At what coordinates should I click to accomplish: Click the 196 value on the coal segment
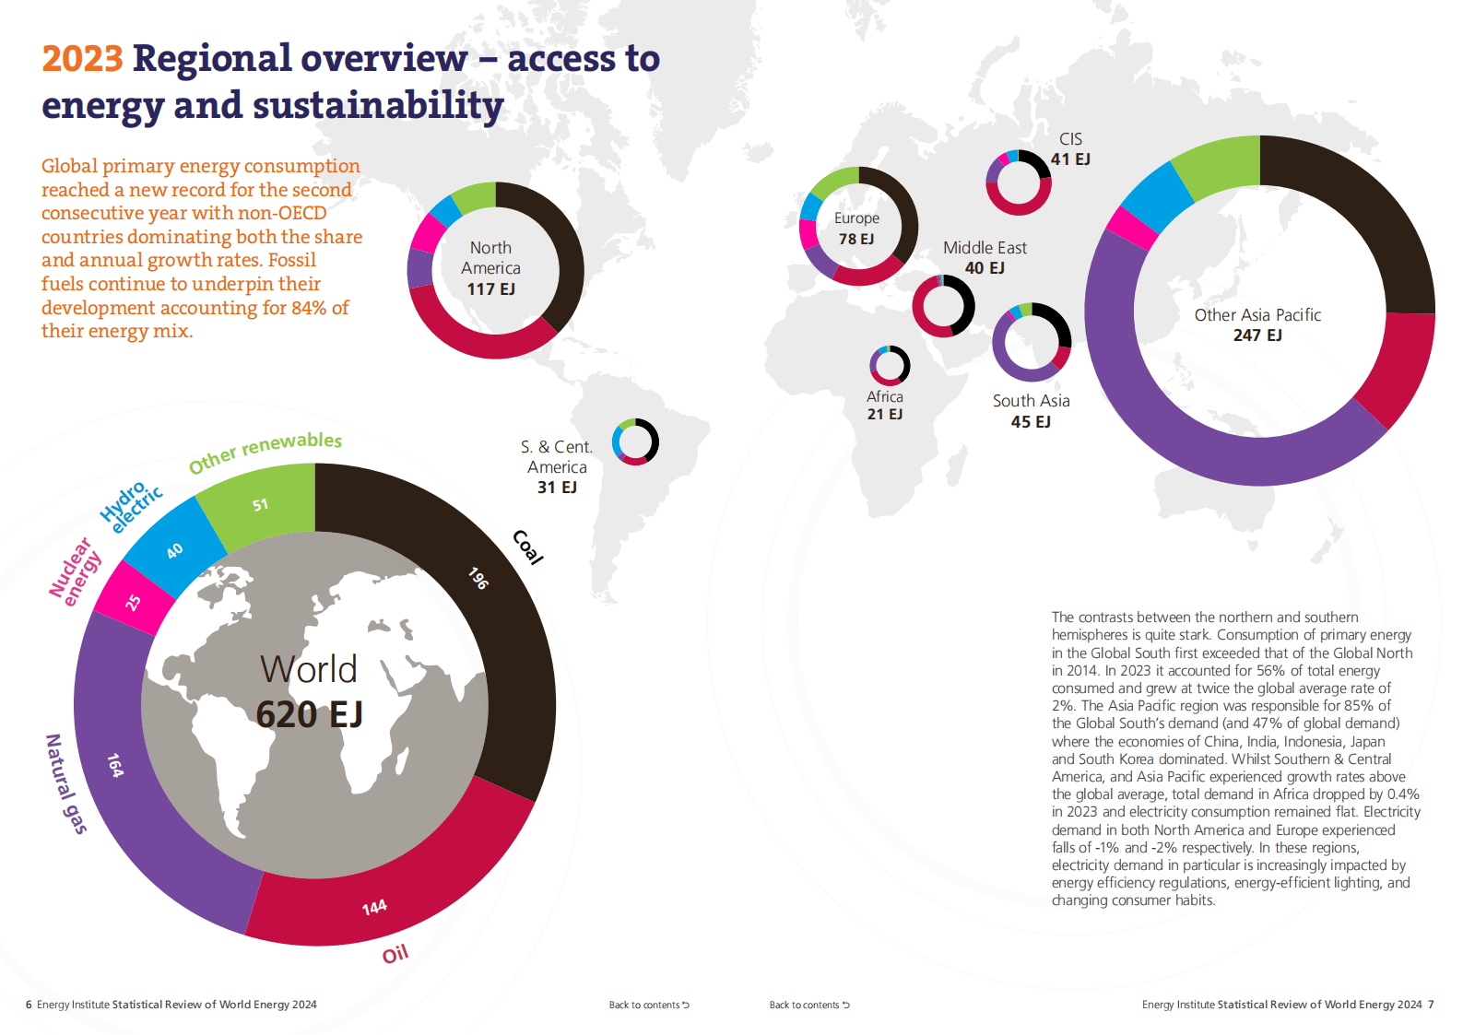478,578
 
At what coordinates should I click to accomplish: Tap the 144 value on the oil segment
374,908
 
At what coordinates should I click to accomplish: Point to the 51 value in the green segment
261,505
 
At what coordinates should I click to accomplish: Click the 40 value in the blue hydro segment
174,551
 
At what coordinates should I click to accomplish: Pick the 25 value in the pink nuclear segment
134,603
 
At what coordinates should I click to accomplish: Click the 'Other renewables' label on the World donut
265,452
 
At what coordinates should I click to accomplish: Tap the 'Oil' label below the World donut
395,954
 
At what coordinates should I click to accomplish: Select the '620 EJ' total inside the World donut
309,714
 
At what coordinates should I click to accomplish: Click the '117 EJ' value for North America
490,289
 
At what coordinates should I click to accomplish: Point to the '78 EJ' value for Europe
856,240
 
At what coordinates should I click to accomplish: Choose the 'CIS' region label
1070,139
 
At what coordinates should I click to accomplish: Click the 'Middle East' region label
985,248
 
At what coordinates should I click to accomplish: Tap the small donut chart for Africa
890,366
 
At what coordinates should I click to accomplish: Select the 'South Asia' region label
1031,401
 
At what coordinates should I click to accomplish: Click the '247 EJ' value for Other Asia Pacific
1257,335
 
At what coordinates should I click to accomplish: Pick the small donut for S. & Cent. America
635,441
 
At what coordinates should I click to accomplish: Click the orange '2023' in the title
82,59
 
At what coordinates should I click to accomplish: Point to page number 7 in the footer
1431,1005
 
